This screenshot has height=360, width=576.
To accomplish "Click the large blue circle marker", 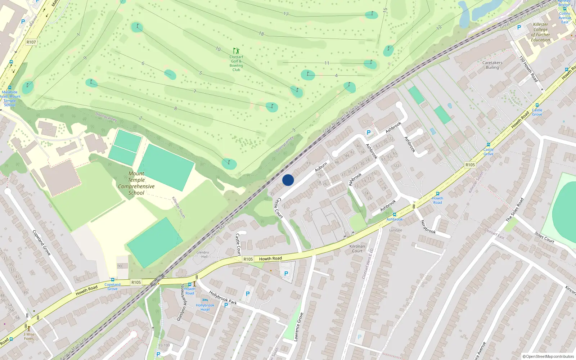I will tap(288, 180).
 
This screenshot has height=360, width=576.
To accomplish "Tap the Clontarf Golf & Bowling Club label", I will tap(236, 63).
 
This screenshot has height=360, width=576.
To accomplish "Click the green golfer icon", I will tap(236, 51).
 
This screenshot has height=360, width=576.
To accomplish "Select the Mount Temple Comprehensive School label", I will tap(136, 183).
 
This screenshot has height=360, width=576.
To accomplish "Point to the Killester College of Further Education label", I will tap(540, 32).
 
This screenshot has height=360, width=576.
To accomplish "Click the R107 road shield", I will tap(31, 42).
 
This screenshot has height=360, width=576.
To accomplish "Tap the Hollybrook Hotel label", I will tap(205, 307).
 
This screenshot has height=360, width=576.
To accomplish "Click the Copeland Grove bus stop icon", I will tap(113, 280).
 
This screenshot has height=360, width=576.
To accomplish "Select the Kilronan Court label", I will tap(357, 249).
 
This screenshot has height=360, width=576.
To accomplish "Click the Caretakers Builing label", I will tap(492, 65).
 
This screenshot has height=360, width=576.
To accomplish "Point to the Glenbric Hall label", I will tap(203, 255).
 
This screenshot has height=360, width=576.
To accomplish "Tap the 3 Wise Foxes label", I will tap(29, 336).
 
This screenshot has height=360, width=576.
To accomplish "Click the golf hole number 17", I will tap(286, 14).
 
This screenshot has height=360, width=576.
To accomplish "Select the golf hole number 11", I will tap(327, 63).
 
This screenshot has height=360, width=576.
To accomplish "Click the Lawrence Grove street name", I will tap(298, 327).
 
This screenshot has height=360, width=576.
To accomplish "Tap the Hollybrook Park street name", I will tap(223, 298).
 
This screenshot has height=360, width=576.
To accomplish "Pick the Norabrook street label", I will tap(428, 227).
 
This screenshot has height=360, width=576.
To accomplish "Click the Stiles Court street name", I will tap(544, 237).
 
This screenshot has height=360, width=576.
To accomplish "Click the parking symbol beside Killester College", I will tap(519, 27).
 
